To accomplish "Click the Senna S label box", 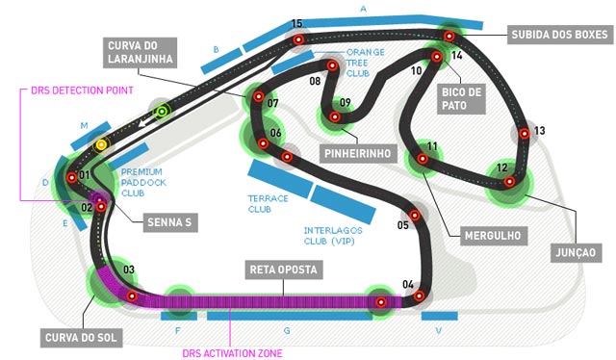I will pos(169,222).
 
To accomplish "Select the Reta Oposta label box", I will pos(283,270).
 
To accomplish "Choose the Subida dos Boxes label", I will pos(559,36).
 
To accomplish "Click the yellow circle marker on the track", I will pos(101,144).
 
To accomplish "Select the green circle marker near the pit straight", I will pos(163,112).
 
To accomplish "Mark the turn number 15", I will pos(297,24).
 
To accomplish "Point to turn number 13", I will pos(539,131).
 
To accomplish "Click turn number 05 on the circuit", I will pos(403,226).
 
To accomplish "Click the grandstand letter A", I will pos(363,8).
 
